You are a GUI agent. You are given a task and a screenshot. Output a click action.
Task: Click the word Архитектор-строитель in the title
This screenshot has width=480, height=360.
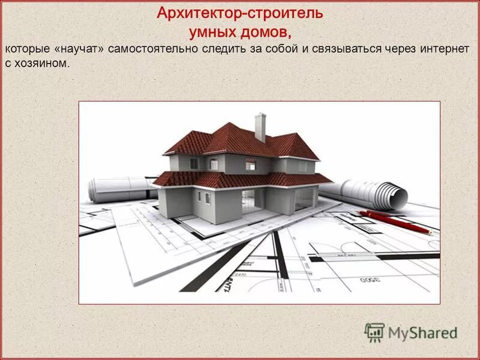tap(240, 13)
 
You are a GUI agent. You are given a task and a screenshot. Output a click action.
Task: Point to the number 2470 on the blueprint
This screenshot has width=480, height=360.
tap(241, 274)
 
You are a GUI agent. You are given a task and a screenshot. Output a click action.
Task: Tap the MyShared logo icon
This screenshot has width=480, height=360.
tap(374, 331)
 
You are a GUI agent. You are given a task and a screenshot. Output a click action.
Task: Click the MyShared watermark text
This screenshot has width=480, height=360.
tap(422, 332)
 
